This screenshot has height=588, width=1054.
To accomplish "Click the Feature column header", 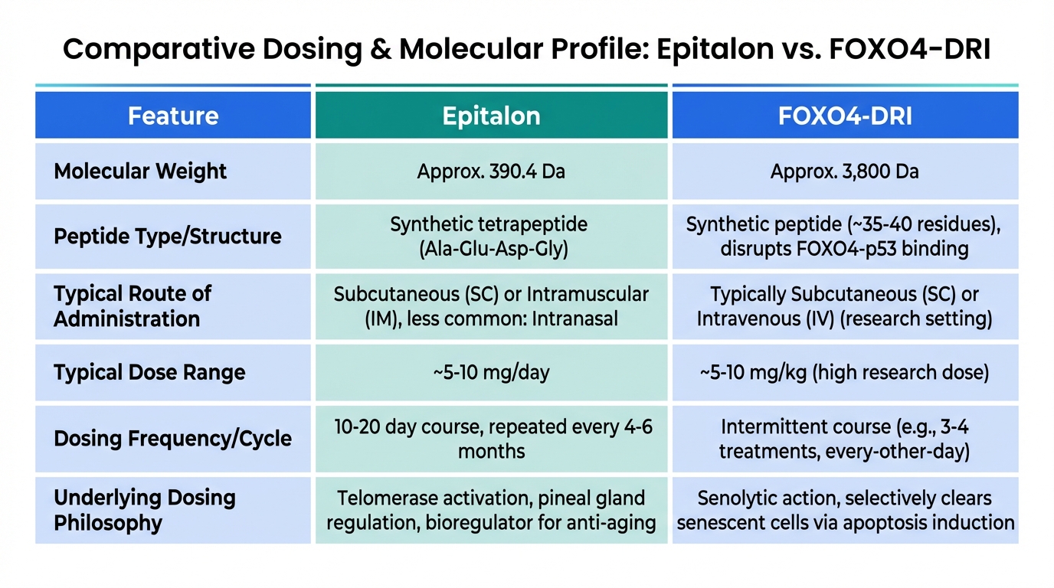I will pos(173,116).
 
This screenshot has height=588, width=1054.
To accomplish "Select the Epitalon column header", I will pos(491,116).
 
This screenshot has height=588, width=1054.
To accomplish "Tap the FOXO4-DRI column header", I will pos(845,116).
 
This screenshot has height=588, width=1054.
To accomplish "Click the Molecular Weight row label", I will pos(140,171).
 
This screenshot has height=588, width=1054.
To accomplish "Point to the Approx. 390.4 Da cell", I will pos(491,171).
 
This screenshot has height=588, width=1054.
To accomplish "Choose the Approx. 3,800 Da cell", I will pos(845,171).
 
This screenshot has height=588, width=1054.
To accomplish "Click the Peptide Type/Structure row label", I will pos(167,236).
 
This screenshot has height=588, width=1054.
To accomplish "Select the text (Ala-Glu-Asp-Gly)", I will pos(491,249).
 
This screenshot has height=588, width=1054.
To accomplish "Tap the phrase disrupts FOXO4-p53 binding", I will pos(845,249).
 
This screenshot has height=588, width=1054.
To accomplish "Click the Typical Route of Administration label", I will pos(133,306).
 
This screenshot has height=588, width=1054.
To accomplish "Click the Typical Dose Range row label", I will pos(149,373).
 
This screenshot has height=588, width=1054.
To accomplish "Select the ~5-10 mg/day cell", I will pos(491,373).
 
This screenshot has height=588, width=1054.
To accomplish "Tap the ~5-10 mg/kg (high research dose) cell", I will pos(845,373).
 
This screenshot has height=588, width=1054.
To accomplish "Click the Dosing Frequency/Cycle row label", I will pos(172,439).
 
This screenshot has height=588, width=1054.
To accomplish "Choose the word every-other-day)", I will pos(905,451).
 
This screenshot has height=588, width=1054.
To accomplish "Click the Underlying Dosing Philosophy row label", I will pos(144,511).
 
